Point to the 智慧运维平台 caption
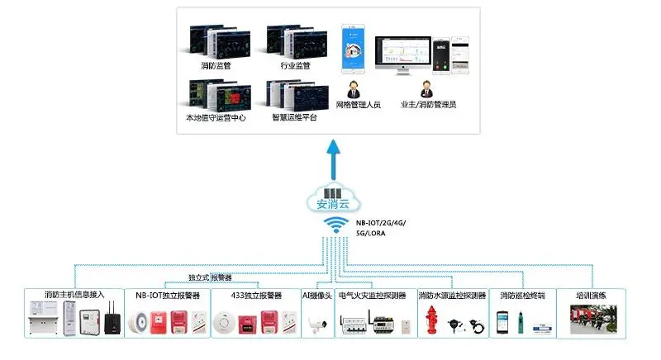pos(294,117)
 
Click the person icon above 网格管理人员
pos(353,88)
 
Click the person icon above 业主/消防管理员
pos(427,88)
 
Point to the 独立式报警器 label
pos(210,277)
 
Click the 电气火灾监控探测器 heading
pos(373,295)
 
